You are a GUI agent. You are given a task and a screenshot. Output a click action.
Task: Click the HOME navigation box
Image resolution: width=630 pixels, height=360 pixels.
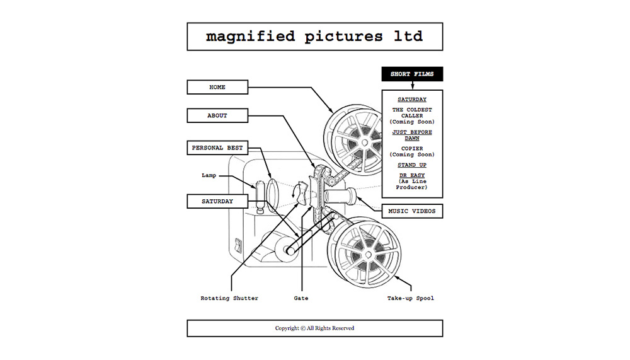pyautogui.click(x=217, y=87)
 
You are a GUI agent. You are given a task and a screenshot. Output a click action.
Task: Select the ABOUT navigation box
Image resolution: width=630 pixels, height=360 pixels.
pyautogui.click(x=217, y=116)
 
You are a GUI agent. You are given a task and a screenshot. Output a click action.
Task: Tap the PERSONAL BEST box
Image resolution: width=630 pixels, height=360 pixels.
pyautogui.click(x=217, y=148)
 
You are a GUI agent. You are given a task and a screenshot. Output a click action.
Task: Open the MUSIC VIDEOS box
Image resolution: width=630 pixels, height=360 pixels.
pyautogui.click(x=412, y=211)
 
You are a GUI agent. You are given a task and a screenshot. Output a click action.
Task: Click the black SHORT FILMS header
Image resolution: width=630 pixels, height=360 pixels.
pyautogui.click(x=412, y=74)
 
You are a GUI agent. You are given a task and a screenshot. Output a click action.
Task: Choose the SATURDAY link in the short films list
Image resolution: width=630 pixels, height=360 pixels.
pyautogui.click(x=412, y=100)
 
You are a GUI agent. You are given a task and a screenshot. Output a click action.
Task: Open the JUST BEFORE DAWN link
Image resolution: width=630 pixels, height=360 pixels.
pyautogui.click(x=412, y=135)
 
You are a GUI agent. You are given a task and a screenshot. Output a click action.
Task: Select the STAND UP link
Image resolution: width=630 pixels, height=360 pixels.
pyautogui.click(x=412, y=165)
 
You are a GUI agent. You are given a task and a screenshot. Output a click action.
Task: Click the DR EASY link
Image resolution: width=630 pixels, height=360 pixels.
pyautogui.click(x=412, y=175)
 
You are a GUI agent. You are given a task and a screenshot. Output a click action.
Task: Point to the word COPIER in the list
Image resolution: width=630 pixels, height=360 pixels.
pyautogui.click(x=412, y=148)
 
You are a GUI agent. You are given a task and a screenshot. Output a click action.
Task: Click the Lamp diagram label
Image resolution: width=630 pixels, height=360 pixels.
pyautogui.click(x=209, y=175)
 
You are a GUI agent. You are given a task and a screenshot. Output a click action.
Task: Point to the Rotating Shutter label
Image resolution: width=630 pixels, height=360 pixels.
pyautogui.click(x=229, y=298)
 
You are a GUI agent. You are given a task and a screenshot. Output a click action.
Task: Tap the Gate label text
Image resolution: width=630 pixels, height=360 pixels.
pyautogui.click(x=301, y=298)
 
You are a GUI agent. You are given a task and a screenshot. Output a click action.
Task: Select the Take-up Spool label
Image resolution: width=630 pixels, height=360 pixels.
pyautogui.click(x=411, y=298)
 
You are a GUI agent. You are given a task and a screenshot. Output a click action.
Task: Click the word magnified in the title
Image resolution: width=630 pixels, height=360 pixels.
pyautogui.click(x=250, y=37)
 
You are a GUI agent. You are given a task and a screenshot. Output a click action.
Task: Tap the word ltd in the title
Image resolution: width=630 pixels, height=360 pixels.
pyautogui.click(x=408, y=36)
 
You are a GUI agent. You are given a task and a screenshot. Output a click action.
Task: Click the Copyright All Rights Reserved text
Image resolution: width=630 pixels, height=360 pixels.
pyautogui.click(x=314, y=328)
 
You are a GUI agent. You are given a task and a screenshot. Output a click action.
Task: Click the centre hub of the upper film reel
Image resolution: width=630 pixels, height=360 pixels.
pyautogui.click(x=364, y=142)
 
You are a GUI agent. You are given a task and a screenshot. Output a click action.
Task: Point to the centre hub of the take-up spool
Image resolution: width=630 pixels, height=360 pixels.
pyautogui.click(x=367, y=254)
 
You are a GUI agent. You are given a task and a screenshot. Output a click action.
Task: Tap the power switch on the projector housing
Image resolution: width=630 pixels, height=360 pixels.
pyautogui.click(x=238, y=245)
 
